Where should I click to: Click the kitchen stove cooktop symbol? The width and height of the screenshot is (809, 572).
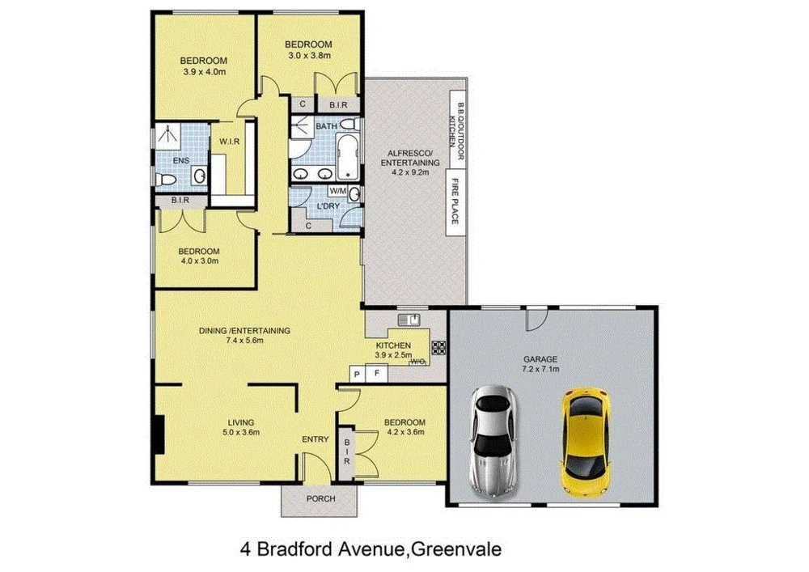pos(439,348)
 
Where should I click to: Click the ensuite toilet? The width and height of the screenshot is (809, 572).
pos(163,180)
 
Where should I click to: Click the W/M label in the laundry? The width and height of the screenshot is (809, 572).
pos(338,191)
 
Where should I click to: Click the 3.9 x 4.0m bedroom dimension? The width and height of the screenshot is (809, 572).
pos(203,72)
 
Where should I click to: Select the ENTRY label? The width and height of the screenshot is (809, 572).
pos(315,439)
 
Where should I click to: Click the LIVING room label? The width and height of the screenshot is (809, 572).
pos(241,422)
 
